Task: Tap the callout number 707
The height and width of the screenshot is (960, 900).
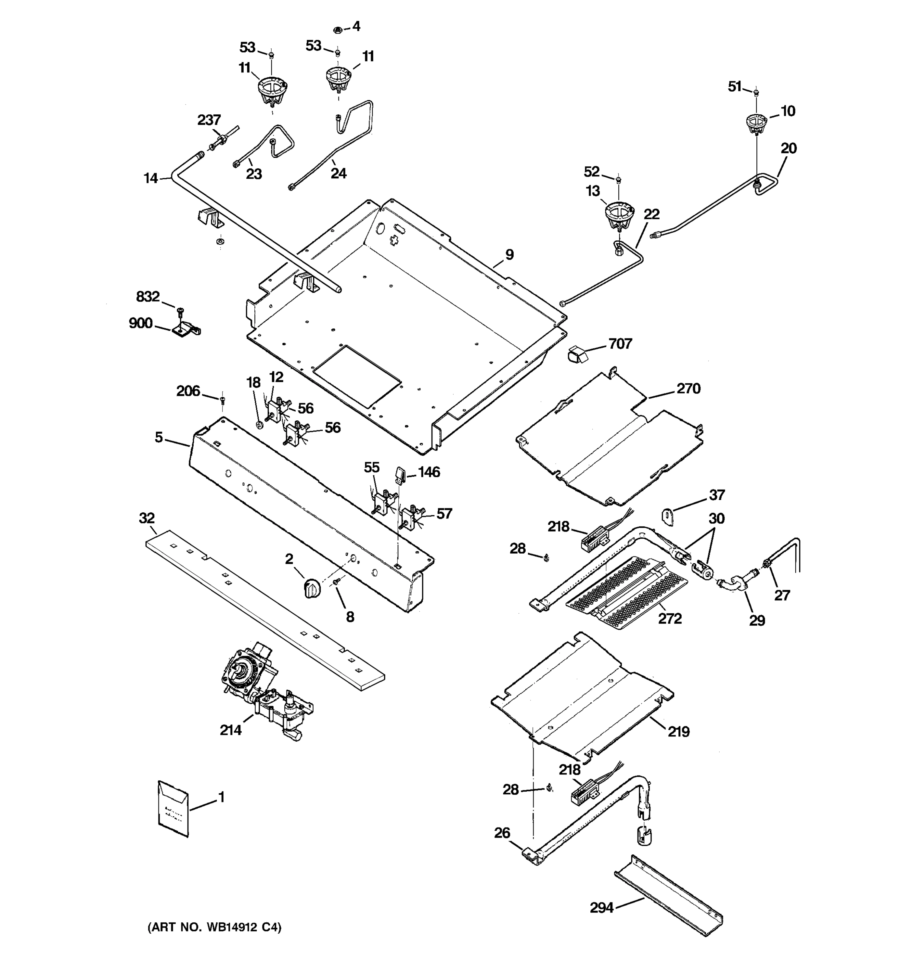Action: [620, 344]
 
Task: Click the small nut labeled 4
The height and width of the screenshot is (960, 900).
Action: [338, 30]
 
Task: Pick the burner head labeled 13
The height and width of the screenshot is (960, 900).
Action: [619, 216]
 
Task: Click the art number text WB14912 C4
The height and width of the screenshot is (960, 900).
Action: [214, 927]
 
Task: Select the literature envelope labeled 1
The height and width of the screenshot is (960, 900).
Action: [173, 809]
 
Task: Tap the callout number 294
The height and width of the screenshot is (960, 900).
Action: [601, 908]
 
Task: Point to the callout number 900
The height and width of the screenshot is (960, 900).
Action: [140, 323]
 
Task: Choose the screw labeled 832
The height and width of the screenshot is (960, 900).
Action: [180, 310]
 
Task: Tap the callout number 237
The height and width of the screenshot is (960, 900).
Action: [209, 120]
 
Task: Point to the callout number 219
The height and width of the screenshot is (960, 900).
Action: [678, 732]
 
